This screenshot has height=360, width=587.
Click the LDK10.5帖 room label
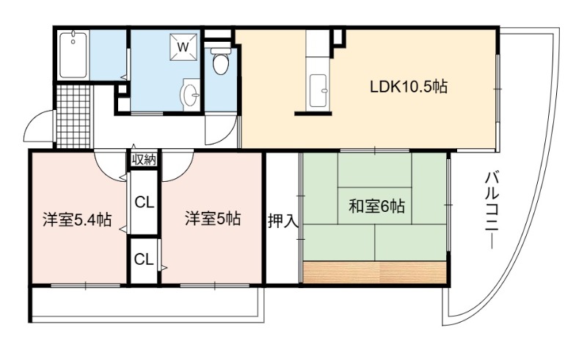409,87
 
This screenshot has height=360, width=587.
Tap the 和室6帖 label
376,206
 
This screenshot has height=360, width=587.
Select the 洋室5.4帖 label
77,220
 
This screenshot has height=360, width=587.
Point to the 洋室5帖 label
212,218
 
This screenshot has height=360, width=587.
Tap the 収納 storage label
144,160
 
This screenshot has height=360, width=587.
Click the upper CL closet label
144,203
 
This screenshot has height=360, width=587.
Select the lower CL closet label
144,259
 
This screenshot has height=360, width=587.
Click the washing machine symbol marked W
183,47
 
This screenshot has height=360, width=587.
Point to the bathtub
73,55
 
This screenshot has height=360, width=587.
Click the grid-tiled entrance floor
74,117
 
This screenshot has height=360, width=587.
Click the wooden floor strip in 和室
375,272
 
